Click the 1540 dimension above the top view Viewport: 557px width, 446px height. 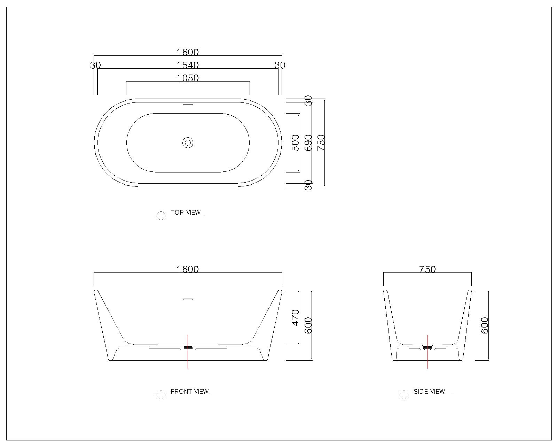pyautogui.click(x=187, y=65)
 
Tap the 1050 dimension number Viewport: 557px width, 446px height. pyautogui.click(x=187, y=78)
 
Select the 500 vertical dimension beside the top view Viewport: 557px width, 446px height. pyautogui.click(x=295, y=143)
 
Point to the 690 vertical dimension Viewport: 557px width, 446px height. pyautogui.click(x=308, y=143)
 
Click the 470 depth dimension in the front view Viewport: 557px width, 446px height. pyautogui.click(x=295, y=317)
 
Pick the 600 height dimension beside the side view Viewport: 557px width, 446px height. pyautogui.click(x=484, y=325)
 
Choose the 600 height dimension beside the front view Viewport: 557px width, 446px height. pyautogui.click(x=308, y=325)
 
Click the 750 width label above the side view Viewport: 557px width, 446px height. pyautogui.click(x=427, y=269)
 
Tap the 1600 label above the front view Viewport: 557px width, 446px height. pyautogui.click(x=187, y=269)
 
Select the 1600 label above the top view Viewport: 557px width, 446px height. pyautogui.click(x=187, y=52)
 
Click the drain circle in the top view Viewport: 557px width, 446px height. pyautogui.click(x=188, y=143)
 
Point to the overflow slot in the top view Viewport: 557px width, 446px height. pyautogui.click(x=188, y=104)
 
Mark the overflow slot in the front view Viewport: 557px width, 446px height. pyautogui.click(x=188, y=299)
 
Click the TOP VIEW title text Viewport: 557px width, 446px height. pyautogui.click(x=186, y=212)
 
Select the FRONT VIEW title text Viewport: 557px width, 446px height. pyautogui.click(x=189, y=391)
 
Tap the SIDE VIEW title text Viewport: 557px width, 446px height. pyautogui.click(x=429, y=391)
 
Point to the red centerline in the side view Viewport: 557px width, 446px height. pyautogui.click(x=427, y=352)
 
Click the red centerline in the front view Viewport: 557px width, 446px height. pyautogui.click(x=188, y=352)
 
